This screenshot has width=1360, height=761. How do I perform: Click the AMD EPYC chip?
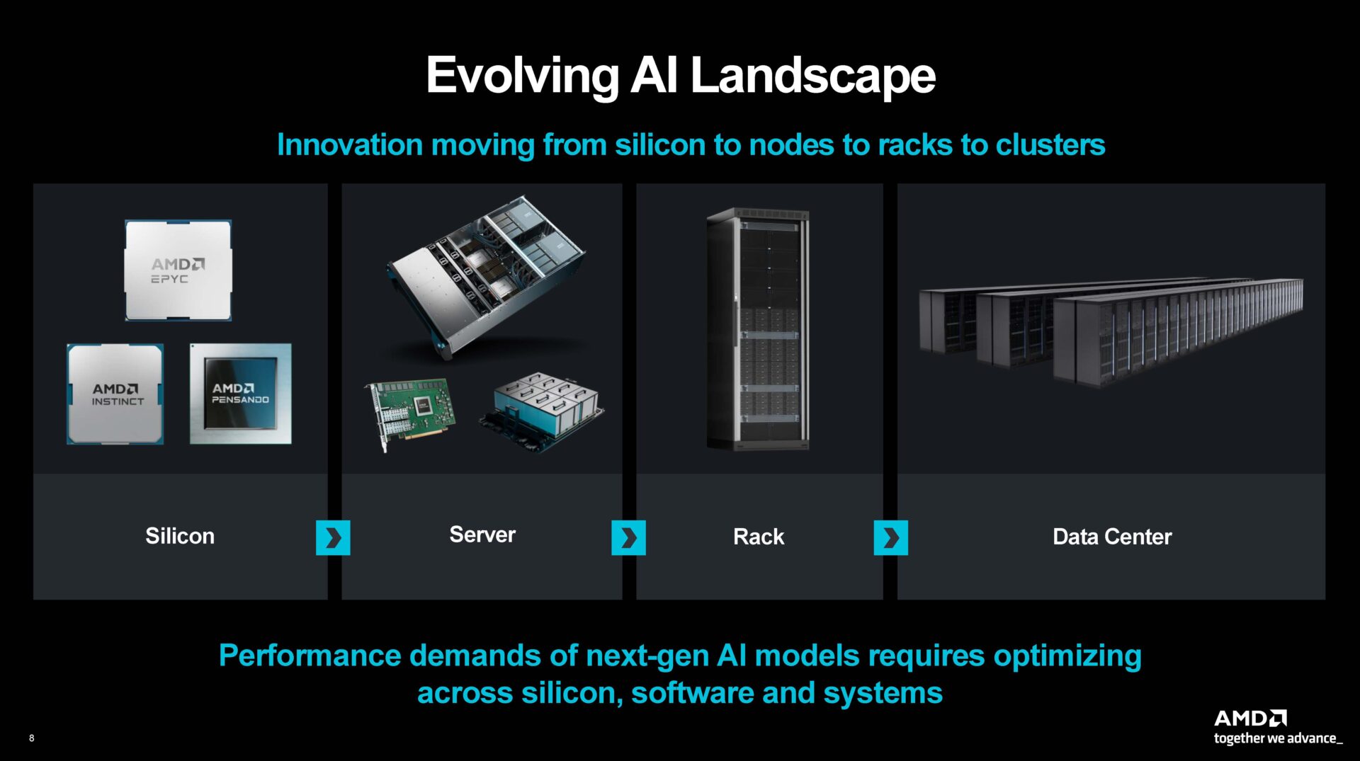coord(178,270)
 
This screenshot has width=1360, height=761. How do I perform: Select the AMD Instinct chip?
coord(115,394)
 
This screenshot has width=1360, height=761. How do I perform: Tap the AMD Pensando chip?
coord(240,394)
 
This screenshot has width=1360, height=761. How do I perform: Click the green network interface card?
coord(411,411)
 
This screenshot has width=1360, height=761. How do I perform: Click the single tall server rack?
coord(758,328)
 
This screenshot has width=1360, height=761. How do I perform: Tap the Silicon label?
coord(180,536)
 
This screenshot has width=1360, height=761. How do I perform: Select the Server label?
coord(482,534)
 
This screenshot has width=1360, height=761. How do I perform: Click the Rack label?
coord(759,537)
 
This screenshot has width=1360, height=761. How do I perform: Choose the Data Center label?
coord(1111,537)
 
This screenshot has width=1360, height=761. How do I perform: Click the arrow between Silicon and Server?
coord(333,538)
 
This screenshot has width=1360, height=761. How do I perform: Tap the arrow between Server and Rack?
coord(628,538)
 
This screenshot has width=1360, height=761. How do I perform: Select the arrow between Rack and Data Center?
coord(890,538)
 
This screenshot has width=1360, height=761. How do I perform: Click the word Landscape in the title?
coord(812,76)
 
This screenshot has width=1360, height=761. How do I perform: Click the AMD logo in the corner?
coord(1249,718)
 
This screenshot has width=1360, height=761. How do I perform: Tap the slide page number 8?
coord(31,738)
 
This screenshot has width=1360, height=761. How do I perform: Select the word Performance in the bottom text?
coord(310,656)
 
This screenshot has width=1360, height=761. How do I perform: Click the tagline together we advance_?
coord(1277,738)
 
